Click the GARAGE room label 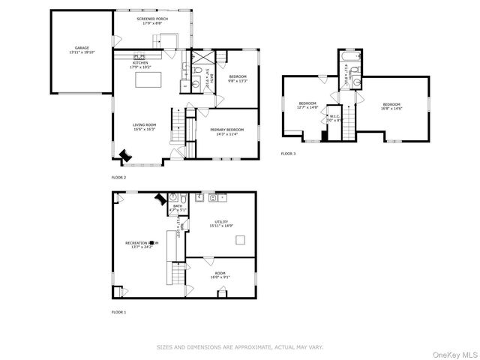(82, 48)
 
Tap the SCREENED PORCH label (152, 19)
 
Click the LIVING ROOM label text (144, 124)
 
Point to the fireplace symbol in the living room (124, 154)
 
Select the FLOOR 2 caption (119, 178)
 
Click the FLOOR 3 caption (289, 154)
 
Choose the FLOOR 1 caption (119, 311)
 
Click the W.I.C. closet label (334, 116)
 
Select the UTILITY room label (221, 222)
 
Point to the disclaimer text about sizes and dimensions (239, 347)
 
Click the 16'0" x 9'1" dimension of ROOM (220, 277)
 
